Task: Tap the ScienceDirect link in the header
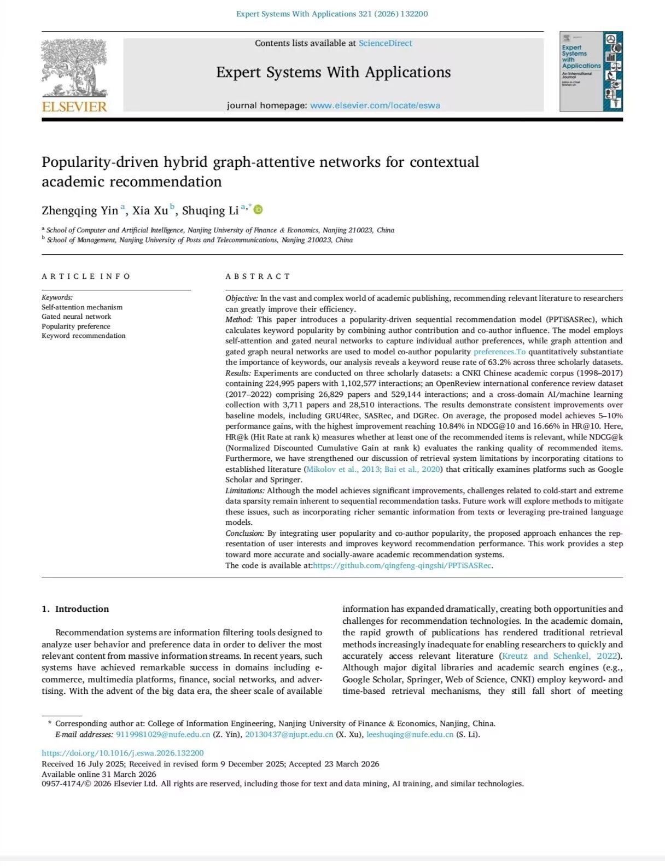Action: (385, 43)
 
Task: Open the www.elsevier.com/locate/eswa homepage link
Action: (375, 106)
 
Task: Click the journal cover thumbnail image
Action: (591, 72)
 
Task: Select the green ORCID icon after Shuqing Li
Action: (258, 209)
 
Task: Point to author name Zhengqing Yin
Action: (80, 210)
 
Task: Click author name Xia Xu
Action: (150, 210)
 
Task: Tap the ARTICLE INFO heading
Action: (86, 276)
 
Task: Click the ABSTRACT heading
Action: (258, 276)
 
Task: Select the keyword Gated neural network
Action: (76, 317)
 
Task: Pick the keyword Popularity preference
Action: (76, 326)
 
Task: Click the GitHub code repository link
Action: (402, 565)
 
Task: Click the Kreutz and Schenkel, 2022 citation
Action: (560, 656)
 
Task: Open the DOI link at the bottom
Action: (122, 753)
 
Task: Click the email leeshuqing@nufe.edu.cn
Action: (410, 734)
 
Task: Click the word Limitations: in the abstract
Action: (245, 490)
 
